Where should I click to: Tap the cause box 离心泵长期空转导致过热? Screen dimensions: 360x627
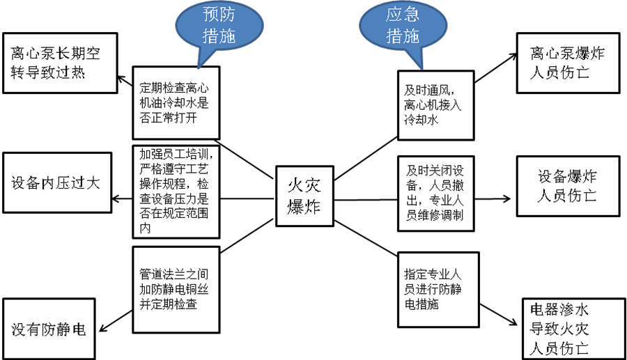[60, 63]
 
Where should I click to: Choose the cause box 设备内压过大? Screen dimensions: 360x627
[56, 182]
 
